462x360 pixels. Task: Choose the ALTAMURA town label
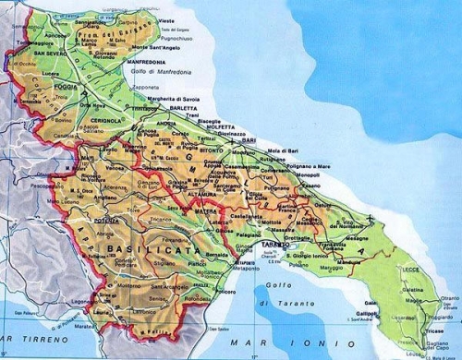(x=200, y=195)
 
